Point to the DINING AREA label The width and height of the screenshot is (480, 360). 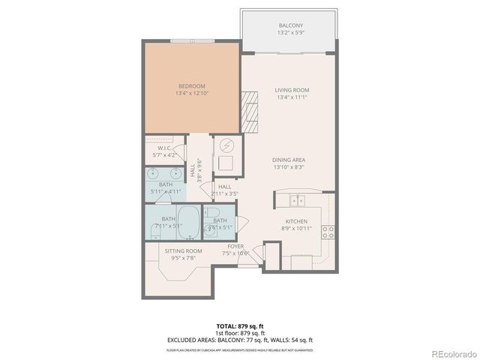pos(288,160)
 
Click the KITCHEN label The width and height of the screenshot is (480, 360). pos(295,220)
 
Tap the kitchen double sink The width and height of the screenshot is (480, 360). pos(298,200)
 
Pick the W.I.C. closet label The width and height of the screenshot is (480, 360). pos(165,148)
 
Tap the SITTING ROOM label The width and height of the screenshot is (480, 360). pos(184,251)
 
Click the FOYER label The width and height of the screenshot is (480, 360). pos(235,246)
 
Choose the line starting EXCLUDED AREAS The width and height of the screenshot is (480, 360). pos(240,340)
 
